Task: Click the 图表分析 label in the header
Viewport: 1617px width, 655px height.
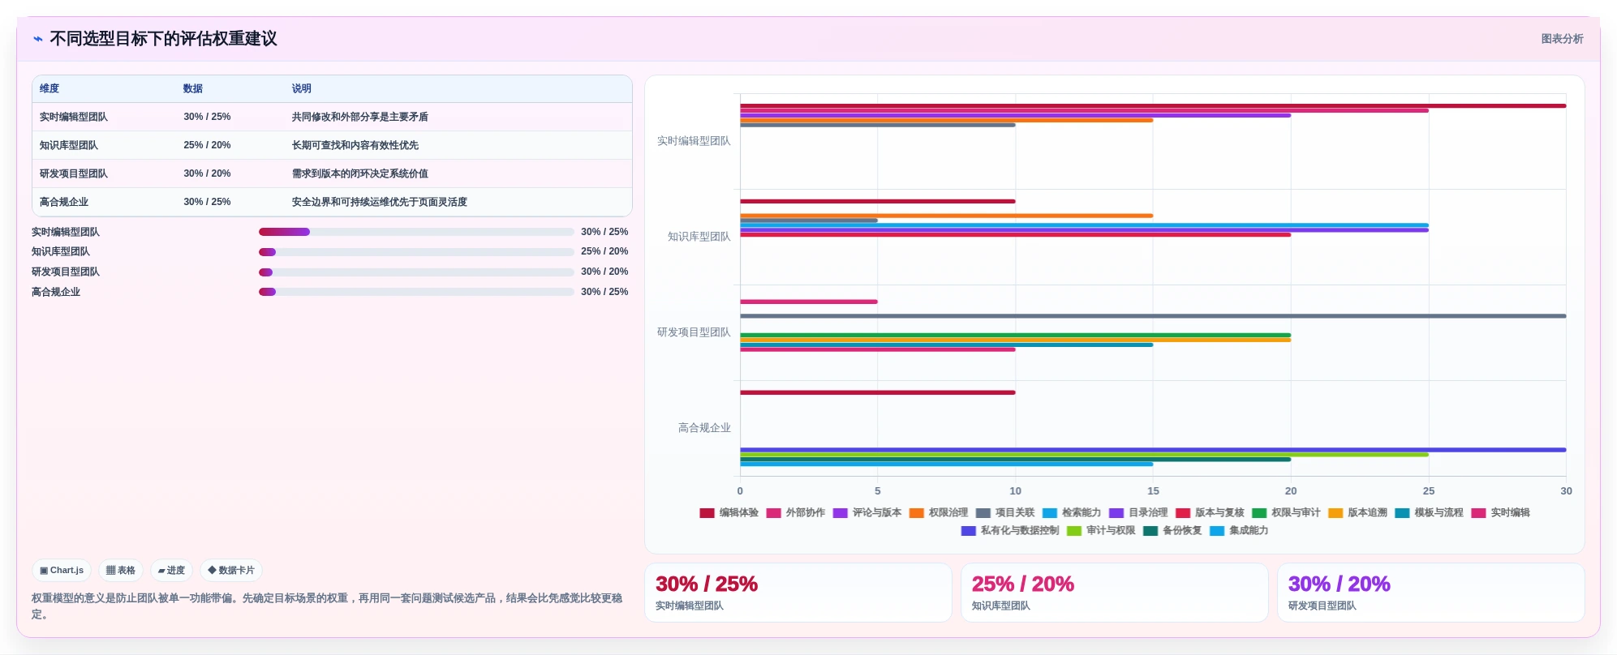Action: coord(1562,39)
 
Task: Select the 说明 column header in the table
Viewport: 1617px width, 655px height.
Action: coord(301,88)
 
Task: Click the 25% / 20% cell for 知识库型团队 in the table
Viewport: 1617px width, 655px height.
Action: coord(207,145)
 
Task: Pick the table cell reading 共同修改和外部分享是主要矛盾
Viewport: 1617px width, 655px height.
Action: coord(359,117)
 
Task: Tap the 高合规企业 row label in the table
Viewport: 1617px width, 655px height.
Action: coord(64,202)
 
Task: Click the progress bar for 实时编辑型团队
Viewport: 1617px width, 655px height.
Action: coord(416,232)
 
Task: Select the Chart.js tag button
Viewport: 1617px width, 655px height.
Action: coord(62,570)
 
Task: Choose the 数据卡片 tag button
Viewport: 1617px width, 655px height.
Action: coord(231,570)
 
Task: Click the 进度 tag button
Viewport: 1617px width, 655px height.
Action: coord(171,570)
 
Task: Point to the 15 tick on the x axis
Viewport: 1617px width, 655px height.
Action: coord(1153,490)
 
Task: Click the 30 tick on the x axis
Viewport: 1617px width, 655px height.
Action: coord(1566,490)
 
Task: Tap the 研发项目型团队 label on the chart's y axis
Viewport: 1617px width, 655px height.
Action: coord(694,332)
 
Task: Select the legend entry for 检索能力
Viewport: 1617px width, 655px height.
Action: coord(1072,512)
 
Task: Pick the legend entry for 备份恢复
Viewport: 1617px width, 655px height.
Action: coord(1172,530)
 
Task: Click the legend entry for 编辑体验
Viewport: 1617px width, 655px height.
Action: coord(729,512)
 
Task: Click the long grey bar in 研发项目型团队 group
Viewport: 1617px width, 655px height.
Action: coord(1153,316)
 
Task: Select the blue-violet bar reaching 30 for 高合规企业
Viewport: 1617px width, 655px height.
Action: coord(1153,450)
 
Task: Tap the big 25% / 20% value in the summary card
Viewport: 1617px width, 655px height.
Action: coord(1022,584)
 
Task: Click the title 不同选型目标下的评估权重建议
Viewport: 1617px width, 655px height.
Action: coord(163,39)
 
